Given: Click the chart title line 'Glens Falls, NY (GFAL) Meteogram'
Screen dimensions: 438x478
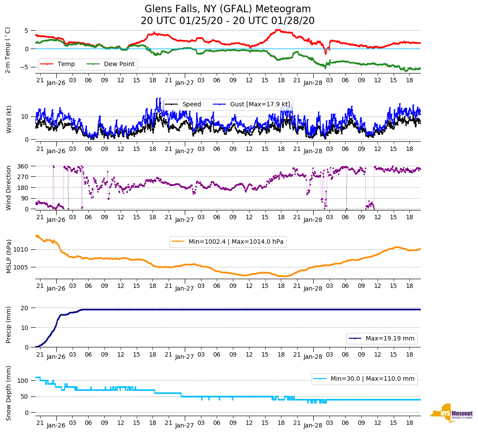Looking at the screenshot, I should [228, 9].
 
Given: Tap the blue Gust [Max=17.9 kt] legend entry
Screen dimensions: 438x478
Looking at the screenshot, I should [253, 104].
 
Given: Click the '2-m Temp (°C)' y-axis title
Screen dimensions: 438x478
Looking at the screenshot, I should [8, 49].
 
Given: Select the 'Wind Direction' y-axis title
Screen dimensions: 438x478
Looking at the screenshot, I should [8, 188].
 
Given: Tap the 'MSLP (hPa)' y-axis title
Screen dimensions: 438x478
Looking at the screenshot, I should [8, 256].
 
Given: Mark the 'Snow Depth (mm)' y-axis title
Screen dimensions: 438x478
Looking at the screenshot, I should [8, 393].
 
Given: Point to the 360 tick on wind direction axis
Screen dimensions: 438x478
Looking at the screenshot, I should [23, 166].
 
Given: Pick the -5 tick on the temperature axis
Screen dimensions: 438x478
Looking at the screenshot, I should [25, 67].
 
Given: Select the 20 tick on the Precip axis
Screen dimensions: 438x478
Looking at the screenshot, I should [25, 308].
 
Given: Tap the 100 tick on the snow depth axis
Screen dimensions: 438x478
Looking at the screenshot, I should [23, 381].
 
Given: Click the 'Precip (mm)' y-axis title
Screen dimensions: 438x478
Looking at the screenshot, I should [8, 327].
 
